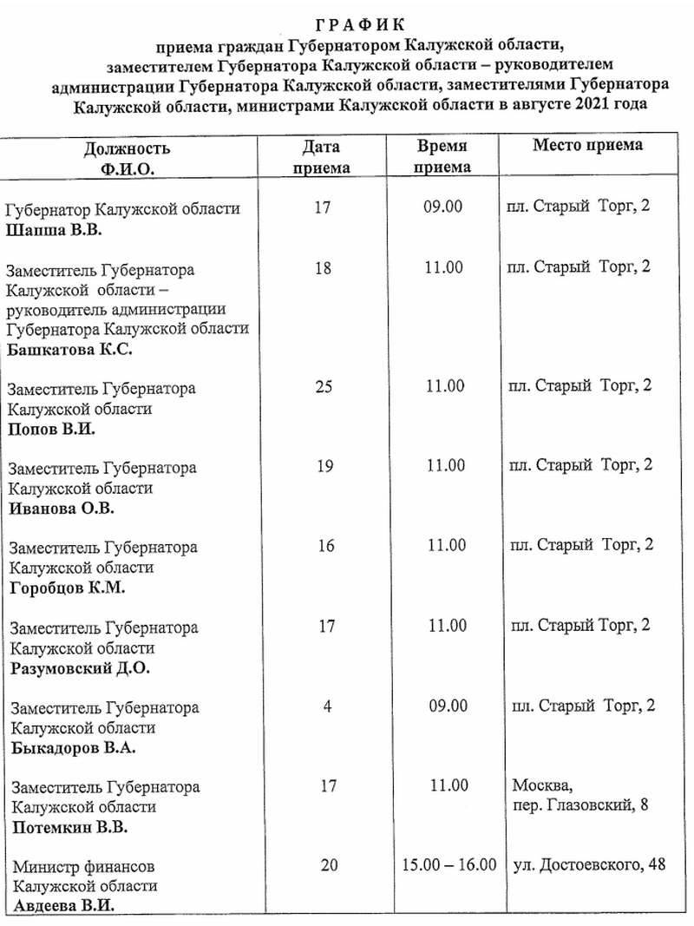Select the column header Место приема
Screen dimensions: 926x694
pyautogui.click(x=587, y=145)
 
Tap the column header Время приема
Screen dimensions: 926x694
pyautogui.click(x=442, y=156)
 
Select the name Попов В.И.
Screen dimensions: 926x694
pyautogui.click(x=51, y=430)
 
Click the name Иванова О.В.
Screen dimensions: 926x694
pyautogui.click(x=61, y=509)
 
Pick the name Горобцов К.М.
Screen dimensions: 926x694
pyautogui.click(x=68, y=588)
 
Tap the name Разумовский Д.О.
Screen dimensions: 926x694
pyautogui.click(x=80, y=668)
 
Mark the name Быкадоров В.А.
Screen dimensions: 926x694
pyautogui.click(x=73, y=747)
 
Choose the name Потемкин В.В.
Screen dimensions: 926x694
pyautogui.click(x=71, y=827)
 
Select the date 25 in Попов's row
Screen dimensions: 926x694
pyautogui.click(x=324, y=386)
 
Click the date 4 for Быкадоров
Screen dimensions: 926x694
pyautogui.click(x=327, y=705)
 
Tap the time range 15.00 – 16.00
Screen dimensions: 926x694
pyautogui.click(x=449, y=864)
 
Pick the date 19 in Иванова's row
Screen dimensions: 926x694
pyautogui.click(x=325, y=466)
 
